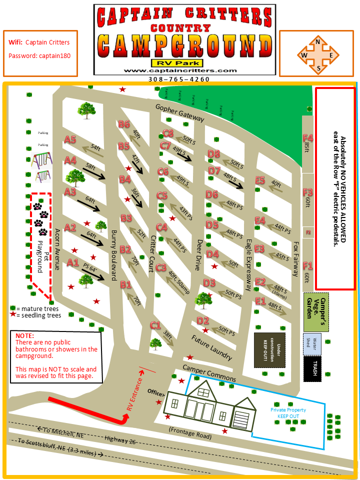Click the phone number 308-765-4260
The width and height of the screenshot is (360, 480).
pyautogui.click(x=178, y=79)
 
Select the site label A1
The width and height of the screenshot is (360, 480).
pyautogui.click(x=73, y=262)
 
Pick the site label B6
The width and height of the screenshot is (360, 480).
pyautogui.click(x=124, y=124)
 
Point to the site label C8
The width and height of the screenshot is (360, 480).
pyautogui.click(x=168, y=133)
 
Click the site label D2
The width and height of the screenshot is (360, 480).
pyautogui.click(x=202, y=320)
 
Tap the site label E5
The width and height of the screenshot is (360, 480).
pyautogui.click(x=259, y=180)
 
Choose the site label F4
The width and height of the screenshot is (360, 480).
pyautogui.click(x=307, y=137)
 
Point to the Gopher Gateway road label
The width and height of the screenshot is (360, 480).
pyautogui.click(x=179, y=113)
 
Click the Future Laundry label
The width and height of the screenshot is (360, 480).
pyautogui.click(x=212, y=347)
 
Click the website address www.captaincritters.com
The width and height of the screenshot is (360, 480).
pyautogui.click(x=179, y=71)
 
